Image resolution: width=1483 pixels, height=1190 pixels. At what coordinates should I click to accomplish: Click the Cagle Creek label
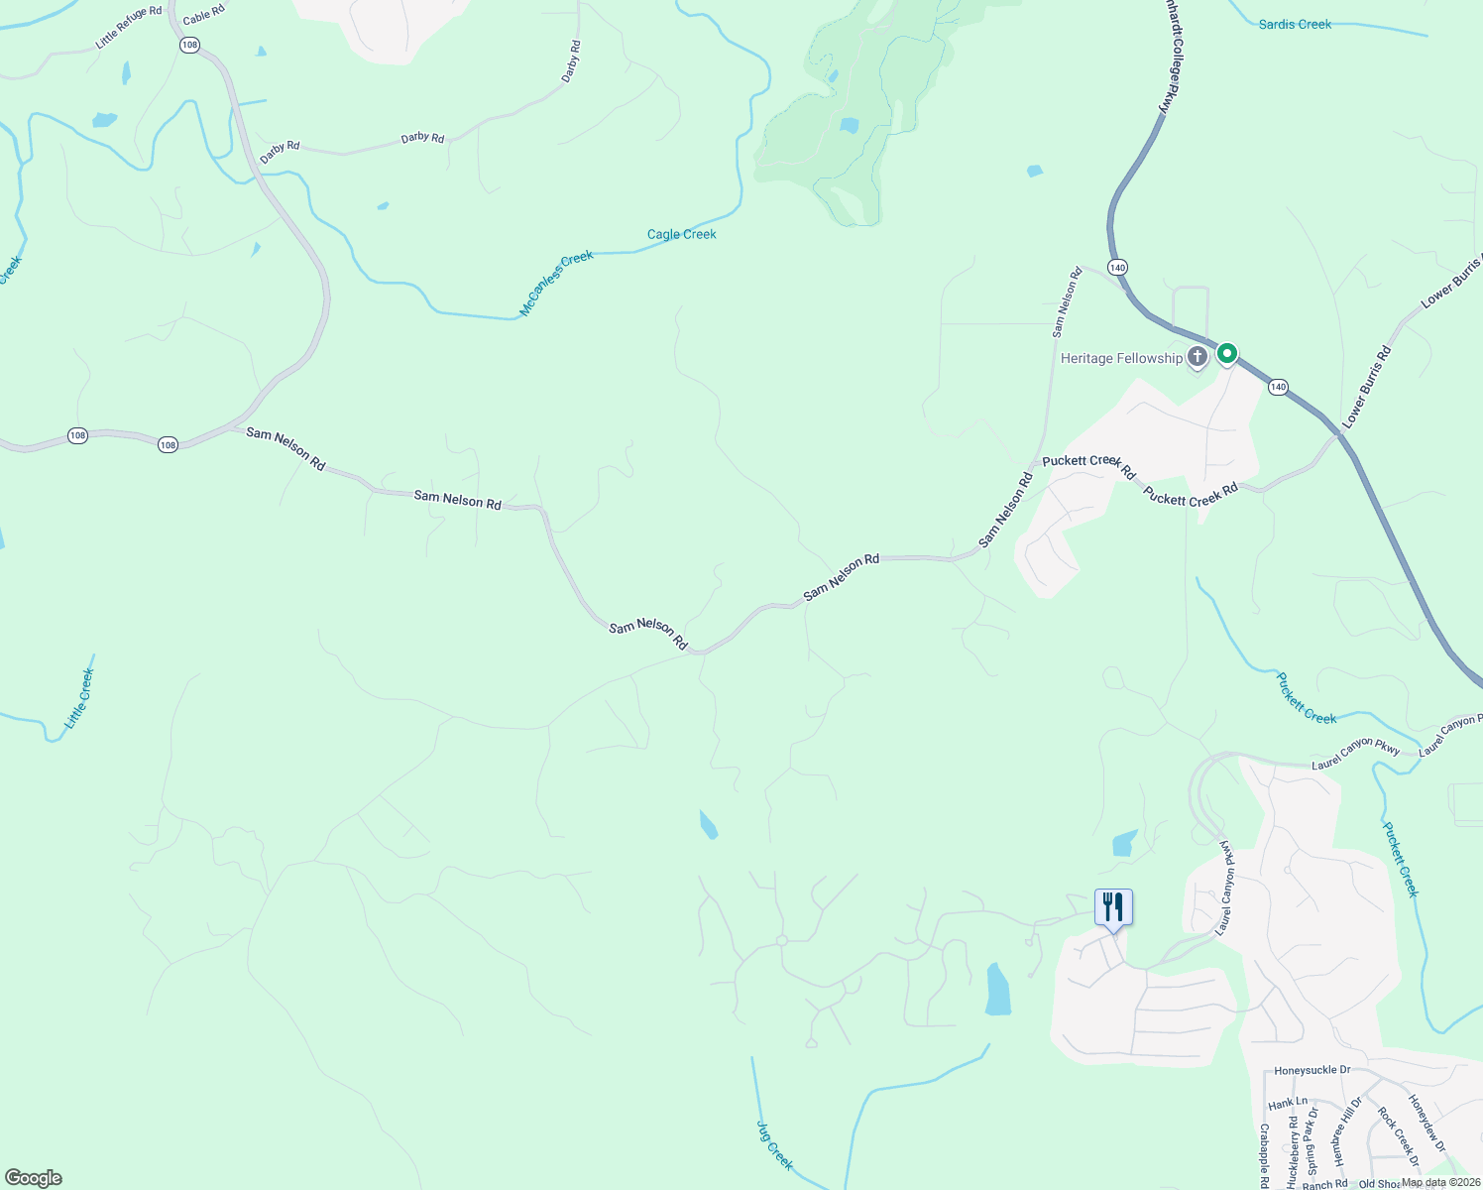pyautogui.click(x=681, y=235)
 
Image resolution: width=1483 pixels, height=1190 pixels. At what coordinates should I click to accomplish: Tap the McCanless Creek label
pyautogui.click(x=556, y=284)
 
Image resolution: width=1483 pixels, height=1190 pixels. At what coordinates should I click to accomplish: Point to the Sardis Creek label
pyautogui.click(x=1295, y=24)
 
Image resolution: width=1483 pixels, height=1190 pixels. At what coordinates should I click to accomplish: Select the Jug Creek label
pyautogui.click(x=775, y=1144)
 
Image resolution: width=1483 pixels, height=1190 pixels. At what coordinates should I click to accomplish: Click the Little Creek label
pyautogui.click(x=79, y=699)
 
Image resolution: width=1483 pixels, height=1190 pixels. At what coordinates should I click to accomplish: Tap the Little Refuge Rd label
pyautogui.click(x=129, y=28)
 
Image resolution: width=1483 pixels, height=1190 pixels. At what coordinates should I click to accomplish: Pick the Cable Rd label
pyautogui.click(x=204, y=15)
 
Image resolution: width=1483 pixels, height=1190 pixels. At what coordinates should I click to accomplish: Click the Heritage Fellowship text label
pyautogui.click(x=1121, y=358)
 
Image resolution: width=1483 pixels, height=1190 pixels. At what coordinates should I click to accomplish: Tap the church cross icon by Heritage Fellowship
pyautogui.click(x=1198, y=357)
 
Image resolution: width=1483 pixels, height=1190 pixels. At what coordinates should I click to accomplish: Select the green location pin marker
pyautogui.click(x=1227, y=354)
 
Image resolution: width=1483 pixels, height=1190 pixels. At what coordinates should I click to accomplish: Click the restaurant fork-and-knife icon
pyautogui.click(x=1113, y=907)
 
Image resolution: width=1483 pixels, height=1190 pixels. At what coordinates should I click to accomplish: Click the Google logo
pyautogui.click(x=34, y=1178)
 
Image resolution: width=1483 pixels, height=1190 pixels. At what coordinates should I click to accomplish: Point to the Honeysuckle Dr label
pyautogui.click(x=1312, y=1071)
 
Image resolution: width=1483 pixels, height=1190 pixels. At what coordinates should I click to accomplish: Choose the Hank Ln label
pyautogui.click(x=1288, y=1103)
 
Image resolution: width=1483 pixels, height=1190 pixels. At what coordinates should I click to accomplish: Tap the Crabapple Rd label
pyautogui.click(x=1265, y=1154)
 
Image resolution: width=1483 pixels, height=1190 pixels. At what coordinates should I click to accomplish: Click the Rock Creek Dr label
pyautogui.click(x=1399, y=1136)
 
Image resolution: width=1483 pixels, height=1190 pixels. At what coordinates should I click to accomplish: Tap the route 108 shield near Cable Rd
pyautogui.click(x=190, y=46)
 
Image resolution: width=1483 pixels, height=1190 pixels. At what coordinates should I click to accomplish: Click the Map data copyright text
pyautogui.click(x=1440, y=1182)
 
